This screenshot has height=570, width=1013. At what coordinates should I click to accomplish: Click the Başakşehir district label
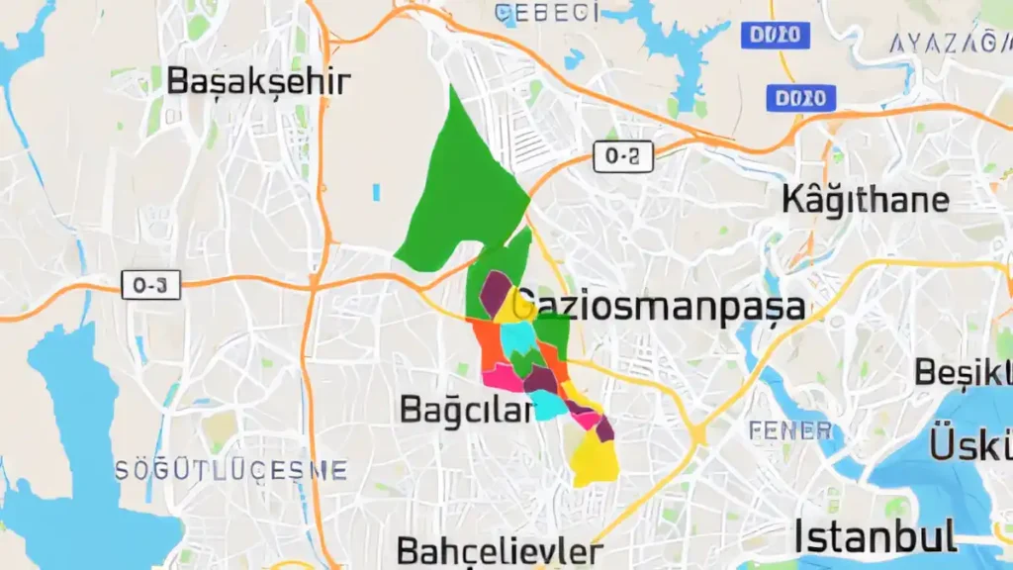pos(258,81)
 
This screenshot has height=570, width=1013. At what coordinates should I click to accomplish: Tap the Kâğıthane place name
pos(866,200)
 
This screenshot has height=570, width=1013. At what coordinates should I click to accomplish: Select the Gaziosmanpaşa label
pos(661,306)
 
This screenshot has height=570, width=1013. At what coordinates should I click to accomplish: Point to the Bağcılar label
pos(466,409)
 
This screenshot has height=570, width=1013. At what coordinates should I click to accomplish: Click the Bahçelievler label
pos(500,551)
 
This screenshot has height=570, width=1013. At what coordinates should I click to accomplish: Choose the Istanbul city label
pos(875,537)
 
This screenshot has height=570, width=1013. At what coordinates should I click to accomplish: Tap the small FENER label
pos(790,430)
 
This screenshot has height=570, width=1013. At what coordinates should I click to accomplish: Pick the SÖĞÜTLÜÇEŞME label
pos(230,469)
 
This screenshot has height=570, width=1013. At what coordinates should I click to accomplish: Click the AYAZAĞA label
pos(950,43)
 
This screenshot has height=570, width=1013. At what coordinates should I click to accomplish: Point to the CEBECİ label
pos(547,13)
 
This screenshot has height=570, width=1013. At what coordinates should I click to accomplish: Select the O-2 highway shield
pos(623,156)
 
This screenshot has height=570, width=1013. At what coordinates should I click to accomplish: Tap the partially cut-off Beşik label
pos(963,373)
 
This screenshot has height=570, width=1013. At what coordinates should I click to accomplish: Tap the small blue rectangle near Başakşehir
pos(376,191)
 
